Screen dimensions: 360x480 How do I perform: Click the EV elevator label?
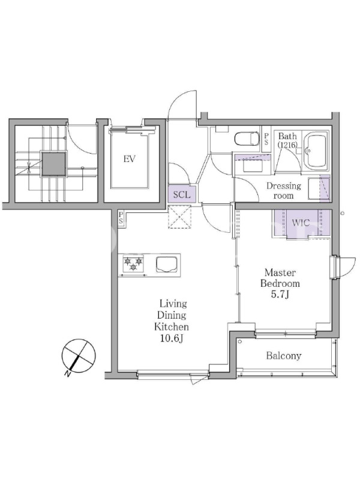click(129, 159)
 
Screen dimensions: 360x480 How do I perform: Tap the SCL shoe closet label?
click(182, 194)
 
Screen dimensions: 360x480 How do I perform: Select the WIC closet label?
click(301, 223)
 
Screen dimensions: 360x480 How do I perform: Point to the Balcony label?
click(283, 356)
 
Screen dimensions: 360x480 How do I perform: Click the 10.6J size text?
click(171, 338)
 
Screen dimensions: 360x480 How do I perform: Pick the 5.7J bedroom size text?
click(280, 294)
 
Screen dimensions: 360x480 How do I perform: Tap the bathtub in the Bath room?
click(317, 152)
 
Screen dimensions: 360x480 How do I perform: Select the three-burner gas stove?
click(133, 263)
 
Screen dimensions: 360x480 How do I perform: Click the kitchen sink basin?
click(167, 264)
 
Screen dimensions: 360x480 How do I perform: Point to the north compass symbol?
click(79, 355)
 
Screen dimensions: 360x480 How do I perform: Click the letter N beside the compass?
click(67, 374)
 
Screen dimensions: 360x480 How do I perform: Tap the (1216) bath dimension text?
click(287, 145)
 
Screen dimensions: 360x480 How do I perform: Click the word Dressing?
click(283, 186)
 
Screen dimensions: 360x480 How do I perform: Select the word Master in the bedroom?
click(280, 272)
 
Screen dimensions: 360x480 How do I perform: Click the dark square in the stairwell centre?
click(54, 164)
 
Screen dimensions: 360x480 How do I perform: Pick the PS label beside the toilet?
click(266, 139)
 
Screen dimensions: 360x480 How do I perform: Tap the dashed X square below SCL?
click(179, 217)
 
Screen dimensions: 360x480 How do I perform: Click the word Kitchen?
click(171, 327)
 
